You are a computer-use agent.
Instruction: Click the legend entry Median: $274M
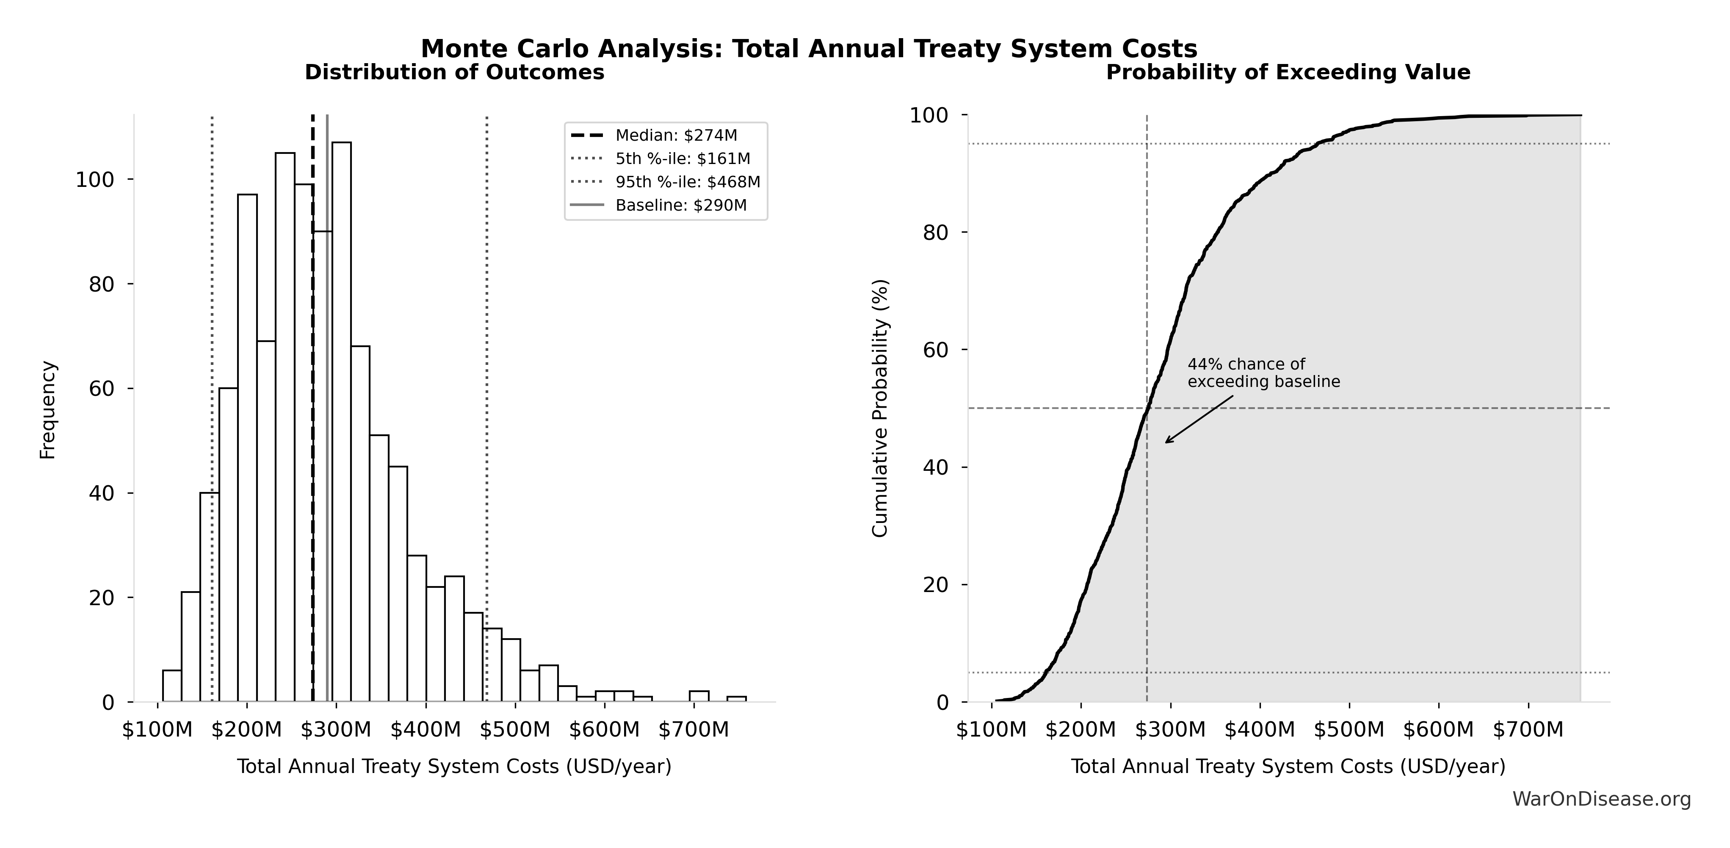click(676, 136)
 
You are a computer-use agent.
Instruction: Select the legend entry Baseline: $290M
click(680, 206)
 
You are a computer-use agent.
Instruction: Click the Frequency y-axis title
click(48, 410)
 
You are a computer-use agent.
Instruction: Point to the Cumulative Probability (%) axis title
click(880, 408)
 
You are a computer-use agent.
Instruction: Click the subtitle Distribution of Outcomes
click(455, 72)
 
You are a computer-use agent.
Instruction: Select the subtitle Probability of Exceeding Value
click(1288, 72)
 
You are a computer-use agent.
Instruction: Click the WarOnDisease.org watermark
click(1601, 799)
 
